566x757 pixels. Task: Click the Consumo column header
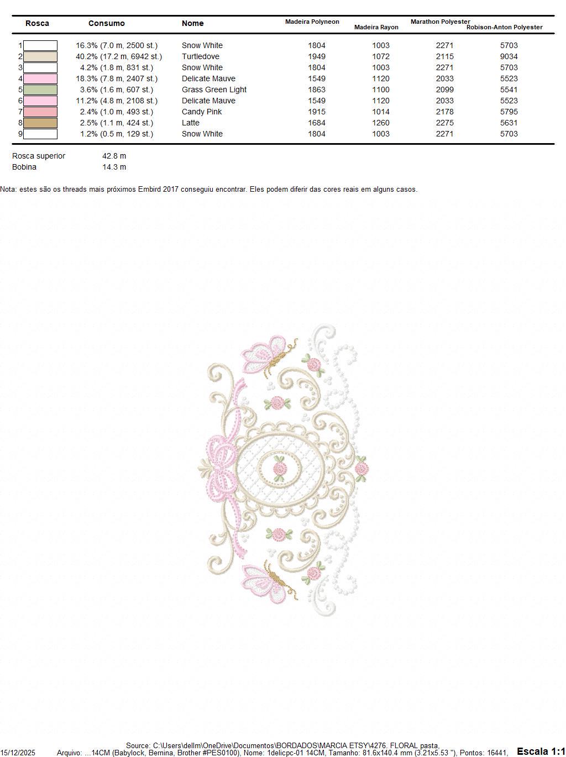pos(106,23)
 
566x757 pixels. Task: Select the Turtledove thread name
pos(200,56)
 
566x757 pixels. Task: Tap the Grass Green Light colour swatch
pos(40,90)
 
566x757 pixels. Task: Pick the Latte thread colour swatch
pos(40,123)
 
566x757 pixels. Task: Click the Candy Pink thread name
pos(202,112)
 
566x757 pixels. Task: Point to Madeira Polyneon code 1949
pos(317,56)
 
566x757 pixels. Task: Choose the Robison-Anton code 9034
pos(509,56)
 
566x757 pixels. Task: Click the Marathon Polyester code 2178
pos(444,112)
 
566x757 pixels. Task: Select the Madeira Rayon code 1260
pos(381,123)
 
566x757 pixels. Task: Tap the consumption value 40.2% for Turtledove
pos(119,56)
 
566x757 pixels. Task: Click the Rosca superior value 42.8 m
pos(114,156)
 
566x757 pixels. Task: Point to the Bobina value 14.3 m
pos(114,167)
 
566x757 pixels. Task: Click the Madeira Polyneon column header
pos(312,22)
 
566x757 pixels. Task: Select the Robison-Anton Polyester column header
pos(504,27)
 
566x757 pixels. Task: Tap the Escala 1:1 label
pos(541,751)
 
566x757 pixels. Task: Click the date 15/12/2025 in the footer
pos(18,753)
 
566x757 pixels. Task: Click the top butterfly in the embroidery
pos(267,355)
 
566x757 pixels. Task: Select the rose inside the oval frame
pos(281,469)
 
